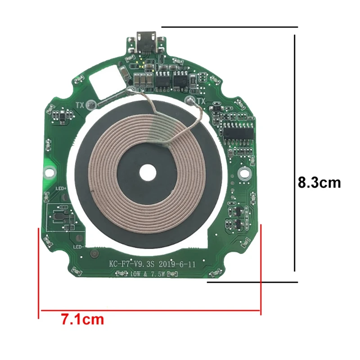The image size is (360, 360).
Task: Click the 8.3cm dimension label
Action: (x=319, y=183)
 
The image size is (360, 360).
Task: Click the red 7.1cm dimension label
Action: (x=83, y=319)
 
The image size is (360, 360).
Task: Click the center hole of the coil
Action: (x=148, y=172)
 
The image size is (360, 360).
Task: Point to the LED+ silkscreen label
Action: (x=61, y=189)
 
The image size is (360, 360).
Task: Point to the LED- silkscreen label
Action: (x=77, y=247)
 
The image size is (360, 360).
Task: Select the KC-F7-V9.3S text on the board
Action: (x=132, y=264)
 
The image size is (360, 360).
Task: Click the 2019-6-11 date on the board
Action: (x=177, y=264)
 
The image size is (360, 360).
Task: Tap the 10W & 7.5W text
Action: (x=148, y=274)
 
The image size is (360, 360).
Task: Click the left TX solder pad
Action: (x=91, y=105)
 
